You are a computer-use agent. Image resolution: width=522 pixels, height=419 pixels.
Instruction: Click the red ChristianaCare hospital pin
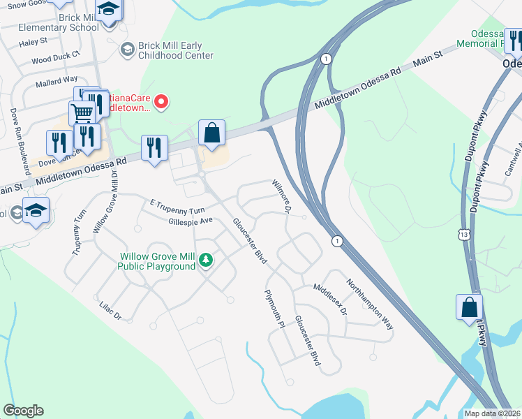[162, 103]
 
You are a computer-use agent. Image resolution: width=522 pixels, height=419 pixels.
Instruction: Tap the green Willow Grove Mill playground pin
[205, 260]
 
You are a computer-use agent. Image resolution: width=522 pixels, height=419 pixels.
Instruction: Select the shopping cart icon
[82, 112]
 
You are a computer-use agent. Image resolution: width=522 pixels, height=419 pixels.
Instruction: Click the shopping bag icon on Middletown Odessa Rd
[211, 132]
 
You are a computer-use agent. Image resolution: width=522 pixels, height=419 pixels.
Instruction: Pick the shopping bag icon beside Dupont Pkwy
[469, 307]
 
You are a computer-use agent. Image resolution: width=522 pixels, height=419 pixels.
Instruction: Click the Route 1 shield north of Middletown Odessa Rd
[326, 59]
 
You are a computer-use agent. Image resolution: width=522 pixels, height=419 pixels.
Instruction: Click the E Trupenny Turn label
[177, 205]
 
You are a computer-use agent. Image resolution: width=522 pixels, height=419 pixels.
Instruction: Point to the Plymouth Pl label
[275, 309]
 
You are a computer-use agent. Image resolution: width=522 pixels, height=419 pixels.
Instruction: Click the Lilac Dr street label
[110, 311]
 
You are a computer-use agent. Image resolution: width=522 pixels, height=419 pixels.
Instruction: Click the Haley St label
[33, 42]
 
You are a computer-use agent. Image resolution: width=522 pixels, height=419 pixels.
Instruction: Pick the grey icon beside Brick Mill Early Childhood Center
[127, 49]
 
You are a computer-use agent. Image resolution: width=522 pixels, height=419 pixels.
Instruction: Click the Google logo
[23, 411]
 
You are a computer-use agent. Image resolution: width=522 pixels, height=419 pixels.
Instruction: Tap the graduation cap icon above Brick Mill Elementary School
[108, 10]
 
